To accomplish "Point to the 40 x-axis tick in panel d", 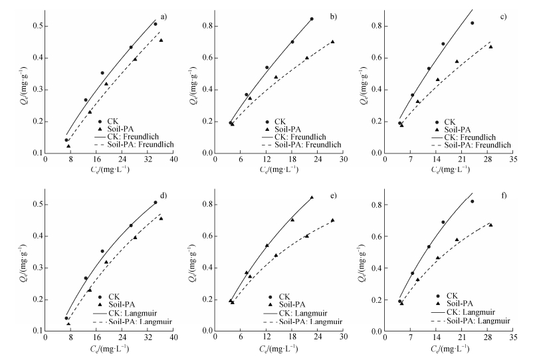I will (173, 338).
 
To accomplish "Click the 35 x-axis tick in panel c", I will (513, 160).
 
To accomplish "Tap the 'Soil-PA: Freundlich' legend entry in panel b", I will (302, 144).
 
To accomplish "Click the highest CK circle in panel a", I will (156, 24).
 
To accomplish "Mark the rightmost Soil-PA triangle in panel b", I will (332, 42).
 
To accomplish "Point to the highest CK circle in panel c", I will (473, 23).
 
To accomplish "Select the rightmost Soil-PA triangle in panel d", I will (161, 219).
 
